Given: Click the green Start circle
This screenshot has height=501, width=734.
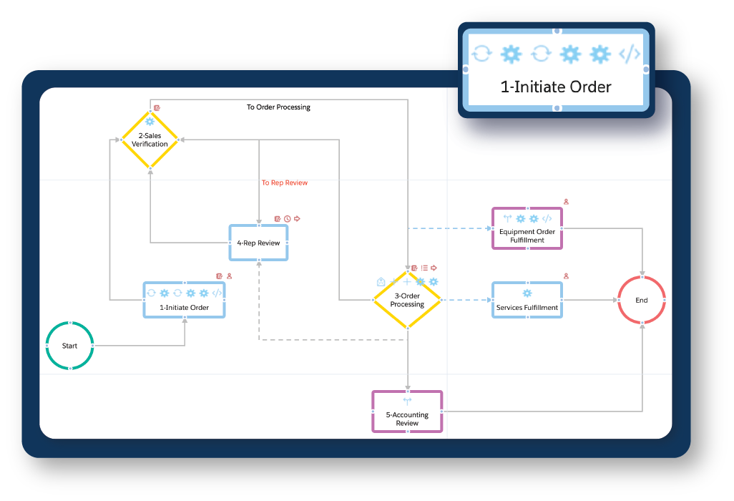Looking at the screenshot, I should point(69,346).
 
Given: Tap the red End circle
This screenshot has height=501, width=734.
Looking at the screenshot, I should point(642,300).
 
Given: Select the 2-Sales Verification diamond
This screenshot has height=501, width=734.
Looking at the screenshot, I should point(150,140).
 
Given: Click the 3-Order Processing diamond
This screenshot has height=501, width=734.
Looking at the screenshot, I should point(407,301).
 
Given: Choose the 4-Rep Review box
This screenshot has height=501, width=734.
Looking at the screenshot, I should point(258,243).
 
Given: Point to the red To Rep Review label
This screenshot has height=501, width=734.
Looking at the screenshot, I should point(285,183).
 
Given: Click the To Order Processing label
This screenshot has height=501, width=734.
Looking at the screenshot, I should point(279,107).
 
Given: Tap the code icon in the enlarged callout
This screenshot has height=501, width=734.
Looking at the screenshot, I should point(630,54).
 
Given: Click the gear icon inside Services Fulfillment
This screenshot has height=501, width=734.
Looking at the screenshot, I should point(527,293).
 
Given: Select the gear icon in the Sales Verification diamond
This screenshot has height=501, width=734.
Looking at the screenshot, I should point(150,122).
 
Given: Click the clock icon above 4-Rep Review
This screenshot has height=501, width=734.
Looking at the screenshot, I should point(287,218).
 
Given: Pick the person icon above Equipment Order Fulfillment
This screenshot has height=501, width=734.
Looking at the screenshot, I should point(566,202).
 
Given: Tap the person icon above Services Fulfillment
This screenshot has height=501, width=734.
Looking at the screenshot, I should point(566,276).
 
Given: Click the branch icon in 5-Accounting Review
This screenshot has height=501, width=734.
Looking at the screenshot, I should point(407,401).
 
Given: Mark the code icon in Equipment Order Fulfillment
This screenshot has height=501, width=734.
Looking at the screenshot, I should point(547,218).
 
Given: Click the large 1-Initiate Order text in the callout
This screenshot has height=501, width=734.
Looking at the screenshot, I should point(556,87).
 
